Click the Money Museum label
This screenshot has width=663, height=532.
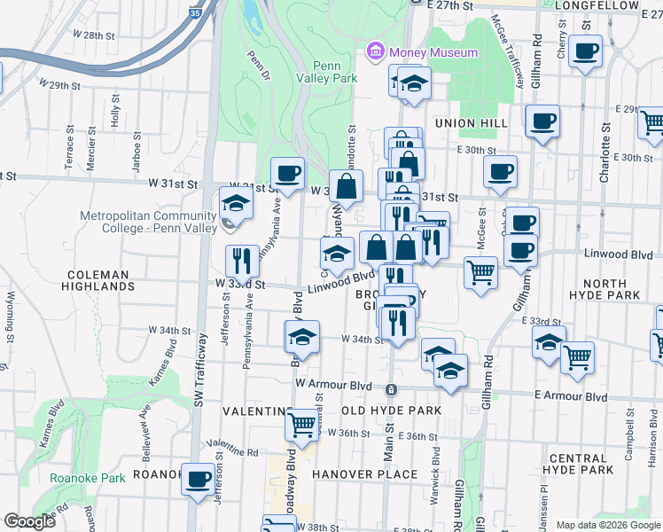coord(432,52)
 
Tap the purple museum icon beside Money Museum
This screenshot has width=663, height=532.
coord(375,52)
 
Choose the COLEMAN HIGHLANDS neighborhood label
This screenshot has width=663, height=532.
coord(98,280)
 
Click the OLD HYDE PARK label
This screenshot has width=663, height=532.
coord(391,411)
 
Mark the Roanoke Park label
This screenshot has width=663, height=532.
coord(74,478)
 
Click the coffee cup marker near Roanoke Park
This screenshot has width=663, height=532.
coord(198,479)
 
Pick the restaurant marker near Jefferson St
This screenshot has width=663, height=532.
coord(242,260)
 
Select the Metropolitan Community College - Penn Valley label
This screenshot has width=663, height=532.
coord(148,222)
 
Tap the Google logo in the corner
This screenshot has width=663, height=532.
coord(29,521)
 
